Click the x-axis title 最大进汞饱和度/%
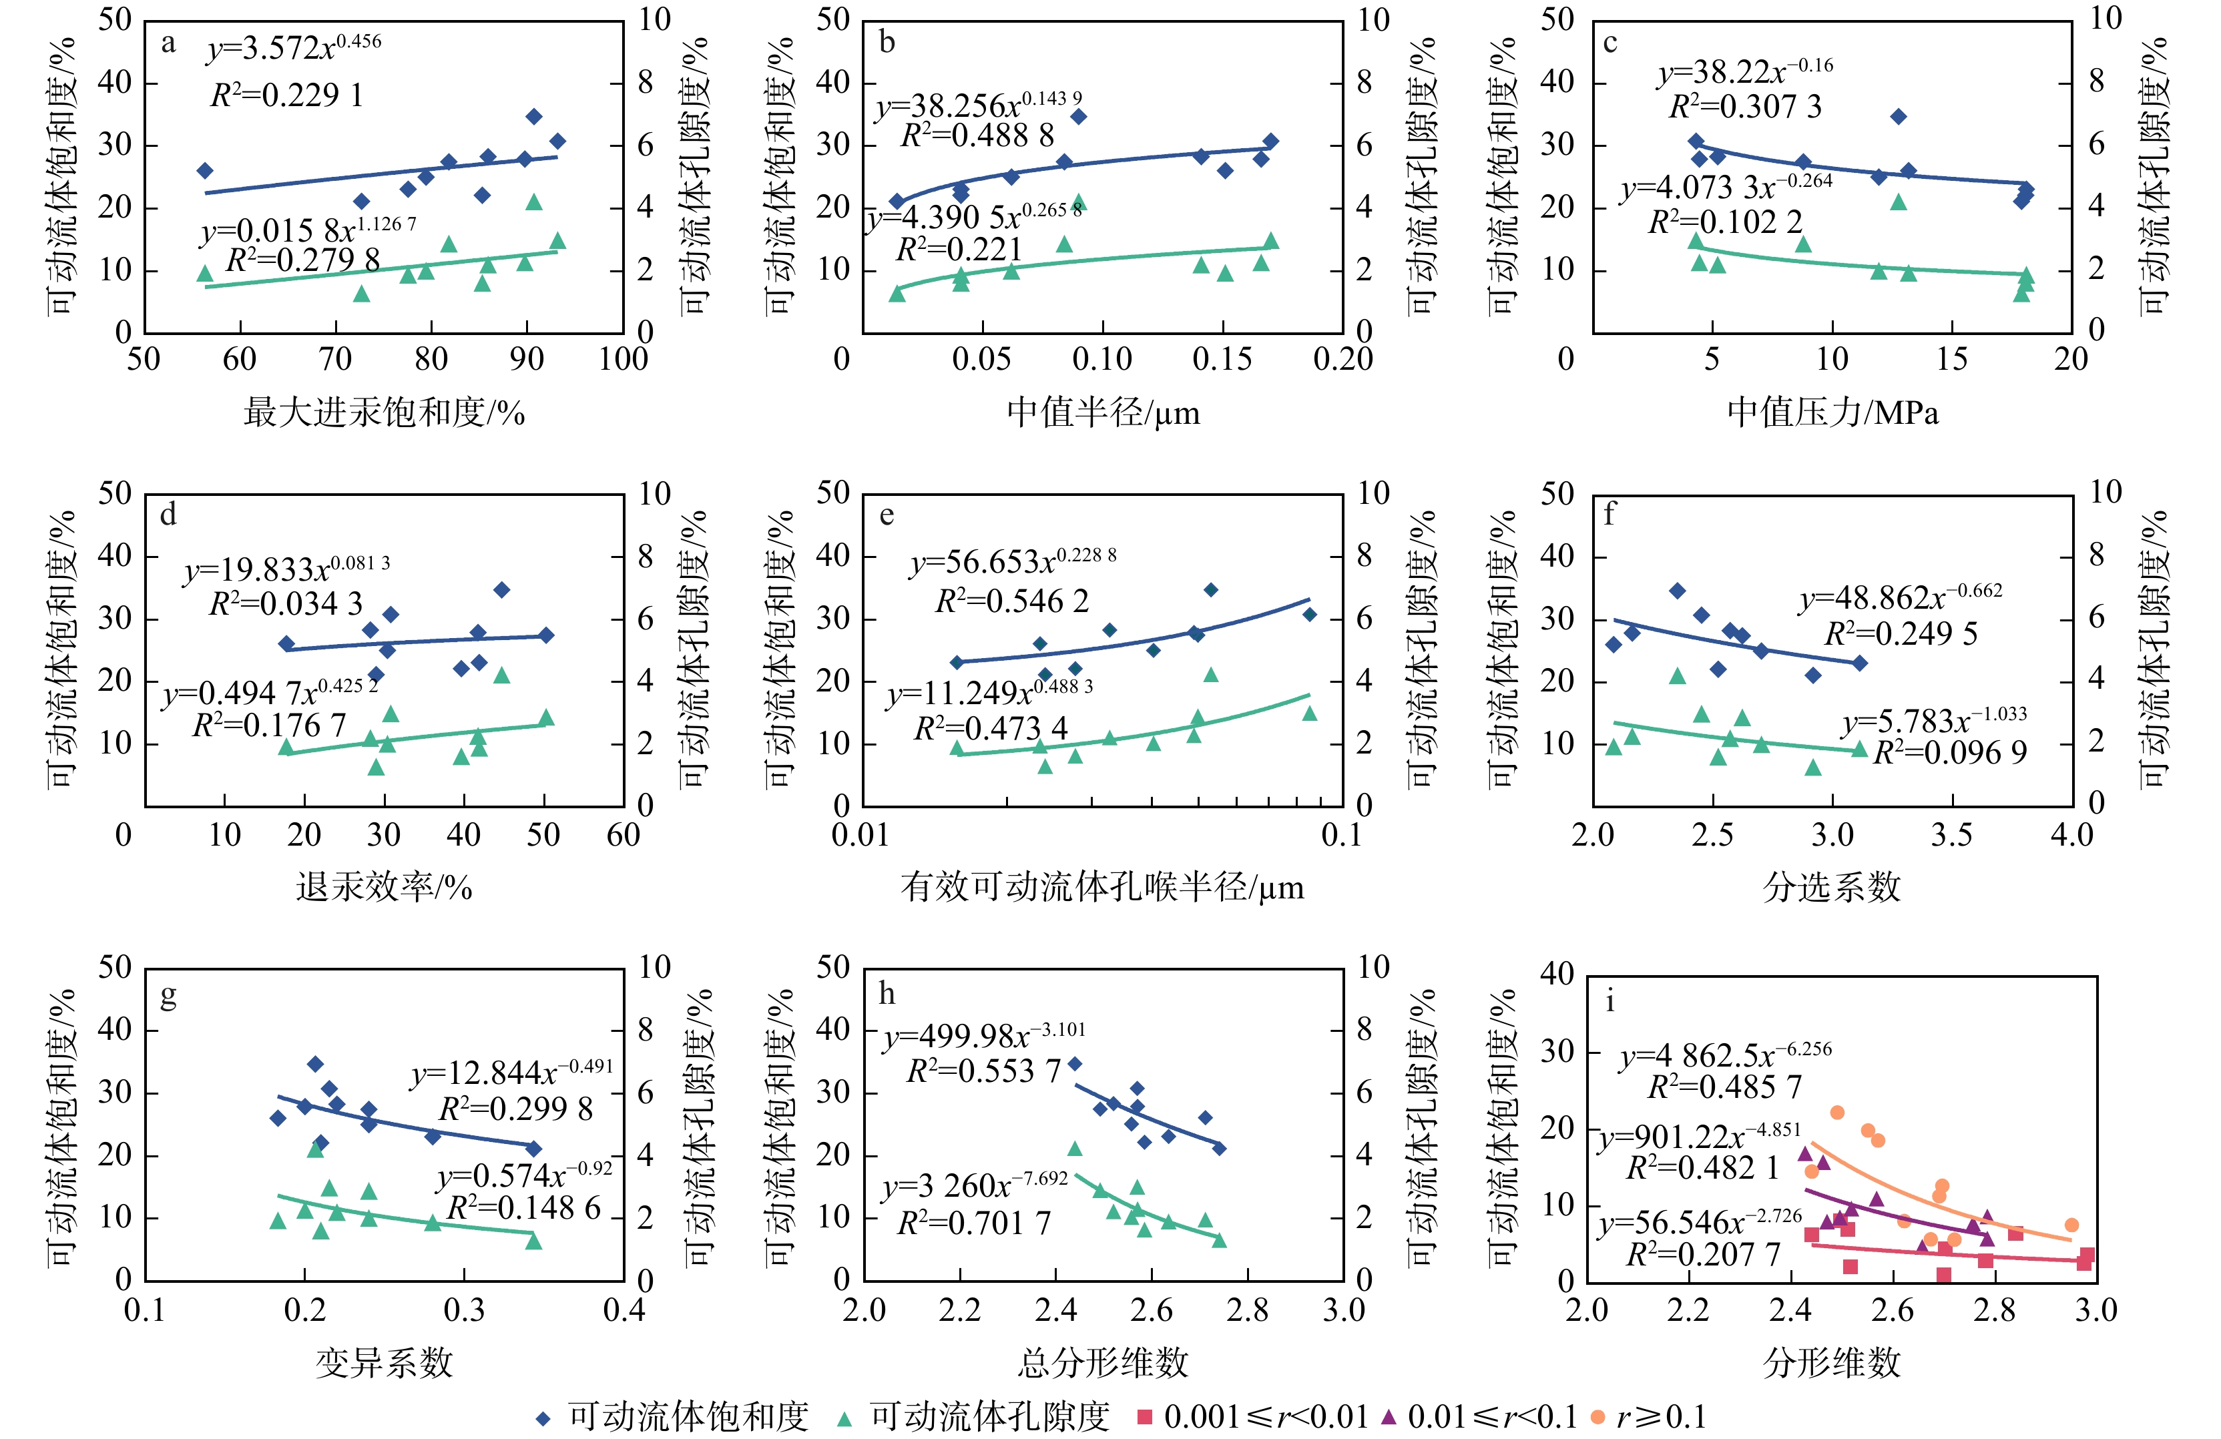[384, 412]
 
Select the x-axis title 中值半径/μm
[1103, 412]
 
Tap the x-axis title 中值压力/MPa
[1832, 412]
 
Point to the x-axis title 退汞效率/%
[384, 886]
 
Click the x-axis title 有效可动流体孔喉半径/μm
[1102, 886]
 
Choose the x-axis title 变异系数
[384, 1362]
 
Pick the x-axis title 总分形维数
[1103, 1362]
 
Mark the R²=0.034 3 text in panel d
[286, 604]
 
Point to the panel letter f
[1609, 514]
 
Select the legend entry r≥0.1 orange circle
[1597, 1416]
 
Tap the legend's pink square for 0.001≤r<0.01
[1145, 1416]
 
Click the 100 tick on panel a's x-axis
[622, 359]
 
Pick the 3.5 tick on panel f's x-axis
[1951, 834]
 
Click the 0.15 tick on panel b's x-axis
[1222, 359]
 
